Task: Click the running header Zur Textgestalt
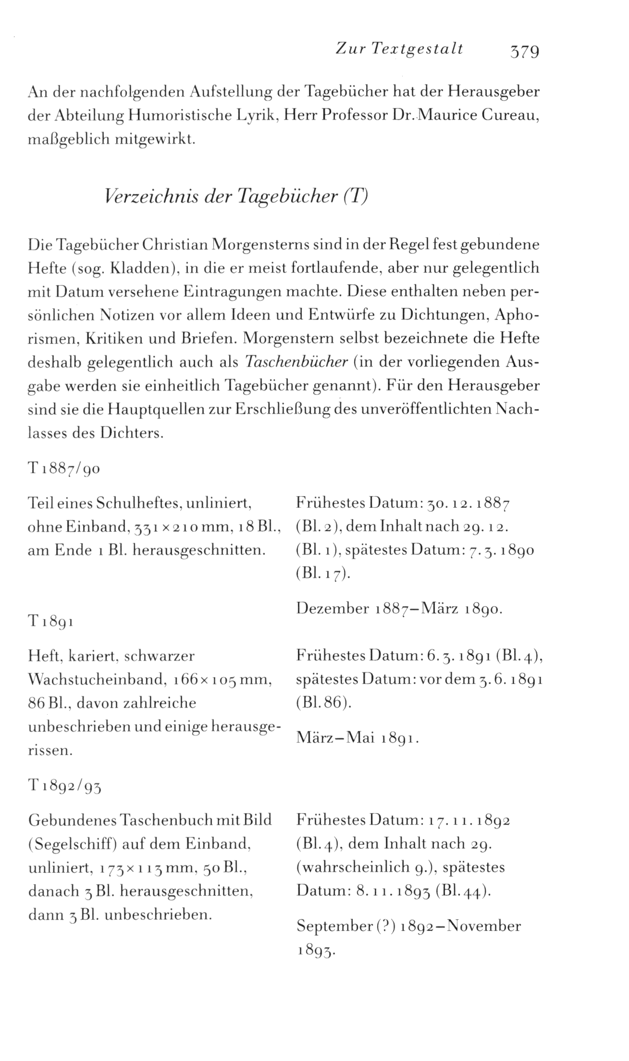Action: click(x=399, y=49)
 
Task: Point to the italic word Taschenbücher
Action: click(x=296, y=362)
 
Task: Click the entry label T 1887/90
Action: click(x=64, y=468)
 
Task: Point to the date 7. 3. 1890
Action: click(x=500, y=550)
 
